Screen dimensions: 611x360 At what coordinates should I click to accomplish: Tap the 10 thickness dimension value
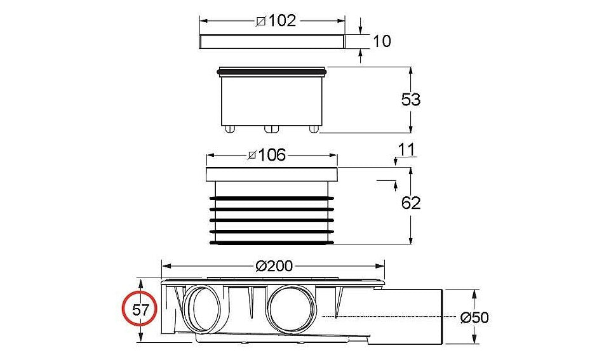click(382, 41)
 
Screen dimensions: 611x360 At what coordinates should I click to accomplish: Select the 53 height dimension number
click(411, 100)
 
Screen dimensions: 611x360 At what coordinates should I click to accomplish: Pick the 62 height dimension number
click(411, 203)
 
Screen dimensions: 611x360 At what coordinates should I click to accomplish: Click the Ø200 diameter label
click(274, 266)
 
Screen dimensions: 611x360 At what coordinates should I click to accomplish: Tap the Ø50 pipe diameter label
click(474, 317)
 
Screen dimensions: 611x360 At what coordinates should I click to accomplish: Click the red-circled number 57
click(140, 310)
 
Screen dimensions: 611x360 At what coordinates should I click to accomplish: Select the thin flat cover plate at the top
click(272, 42)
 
